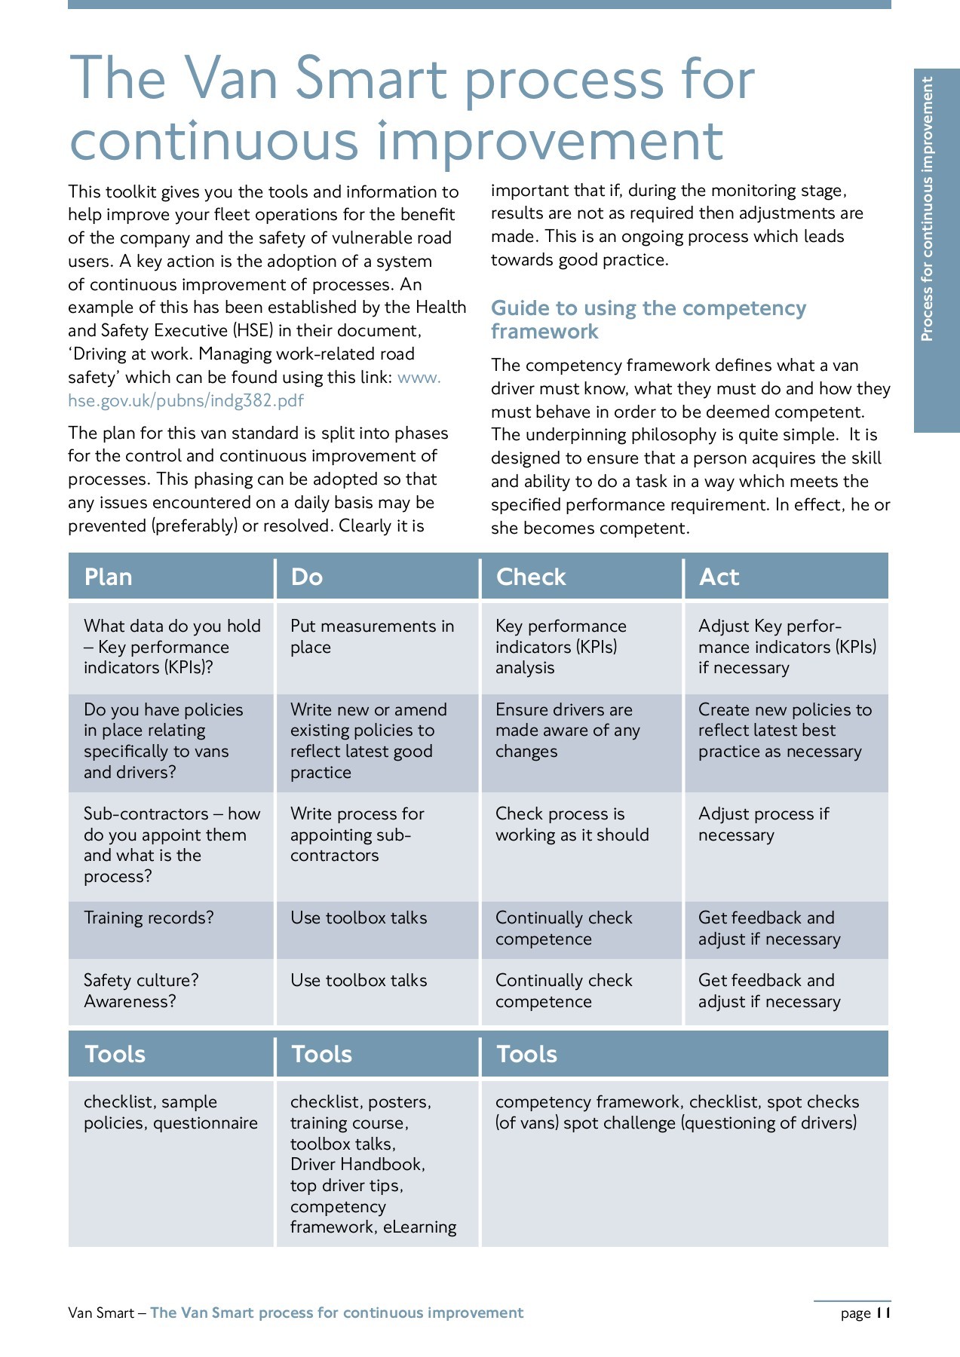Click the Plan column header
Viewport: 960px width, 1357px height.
click(x=109, y=577)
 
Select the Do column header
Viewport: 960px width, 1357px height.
click(x=307, y=577)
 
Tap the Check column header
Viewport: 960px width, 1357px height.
click(x=531, y=577)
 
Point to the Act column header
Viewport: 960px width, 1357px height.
click(x=719, y=577)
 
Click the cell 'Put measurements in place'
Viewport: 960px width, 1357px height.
click(x=372, y=636)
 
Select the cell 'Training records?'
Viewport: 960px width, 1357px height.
click(x=149, y=917)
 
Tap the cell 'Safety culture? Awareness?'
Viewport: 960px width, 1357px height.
click(x=141, y=991)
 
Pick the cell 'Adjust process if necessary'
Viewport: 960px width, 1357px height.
click(x=763, y=824)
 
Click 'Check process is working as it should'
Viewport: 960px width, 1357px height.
click(x=572, y=824)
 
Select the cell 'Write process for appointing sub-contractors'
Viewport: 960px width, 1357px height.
click(x=357, y=835)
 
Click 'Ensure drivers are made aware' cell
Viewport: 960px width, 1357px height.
click(x=567, y=731)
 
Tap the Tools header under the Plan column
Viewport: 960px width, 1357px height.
click(x=115, y=1054)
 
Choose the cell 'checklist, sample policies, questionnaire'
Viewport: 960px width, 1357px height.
click(x=170, y=1112)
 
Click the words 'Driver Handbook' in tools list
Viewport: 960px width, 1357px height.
click(x=357, y=1164)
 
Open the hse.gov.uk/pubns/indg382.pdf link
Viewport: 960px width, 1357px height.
click(x=186, y=400)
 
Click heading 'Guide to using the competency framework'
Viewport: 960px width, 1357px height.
click(x=648, y=320)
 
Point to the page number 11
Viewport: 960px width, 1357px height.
click(x=883, y=1313)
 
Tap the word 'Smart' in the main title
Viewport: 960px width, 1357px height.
click(x=371, y=79)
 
